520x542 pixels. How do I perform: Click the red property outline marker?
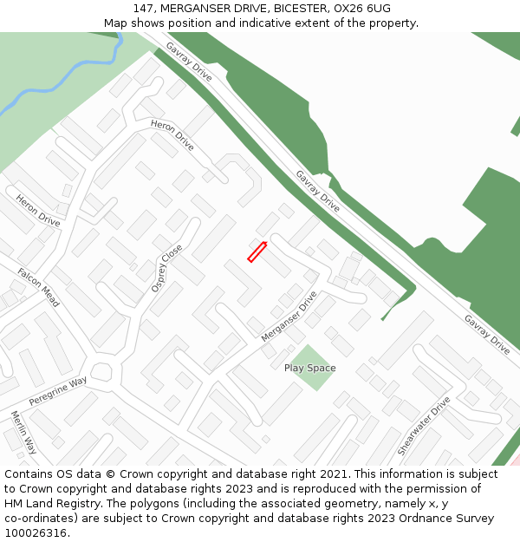click(x=257, y=251)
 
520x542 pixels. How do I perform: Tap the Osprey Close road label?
click(x=167, y=267)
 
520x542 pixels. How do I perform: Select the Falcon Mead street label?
click(x=39, y=287)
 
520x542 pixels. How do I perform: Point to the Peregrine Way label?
click(x=58, y=391)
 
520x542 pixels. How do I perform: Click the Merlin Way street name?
click(x=23, y=432)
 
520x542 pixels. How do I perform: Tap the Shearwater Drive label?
click(x=425, y=426)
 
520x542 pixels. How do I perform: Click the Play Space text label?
click(x=309, y=368)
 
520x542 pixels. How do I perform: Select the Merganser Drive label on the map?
click(x=289, y=316)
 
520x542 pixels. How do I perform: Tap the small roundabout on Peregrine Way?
click(x=102, y=372)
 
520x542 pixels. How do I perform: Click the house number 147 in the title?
click(x=143, y=9)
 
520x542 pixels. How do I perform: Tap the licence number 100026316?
click(x=34, y=533)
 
